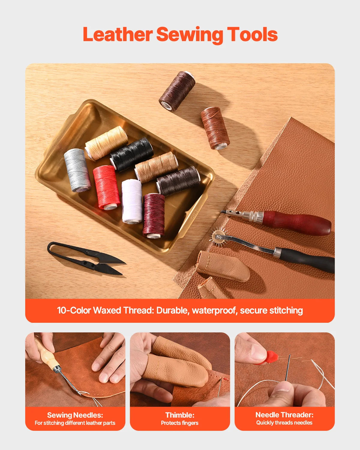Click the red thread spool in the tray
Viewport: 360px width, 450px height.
pyautogui.click(x=106, y=187)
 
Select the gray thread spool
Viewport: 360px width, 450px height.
pyautogui.click(x=77, y=170)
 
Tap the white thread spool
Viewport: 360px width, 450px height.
pyautogui.click(x=132, y=201)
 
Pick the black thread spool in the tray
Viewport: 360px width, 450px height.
pyautogui.click(x=132, y=154)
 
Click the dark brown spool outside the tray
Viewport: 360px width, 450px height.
pyautogui.click(x=177, y=91)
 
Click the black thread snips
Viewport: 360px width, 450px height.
pyautogui.click(x=87, y=258)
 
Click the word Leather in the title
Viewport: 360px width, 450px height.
pyautogui.click(x=117, y=34)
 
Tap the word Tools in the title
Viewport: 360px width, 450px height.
pyautogui.click(x=252, y=34)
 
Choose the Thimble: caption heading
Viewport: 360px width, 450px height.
pyautogui.click(x=180, y=415)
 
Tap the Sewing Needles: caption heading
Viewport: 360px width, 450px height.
pyautogui.click(x=75, y=415)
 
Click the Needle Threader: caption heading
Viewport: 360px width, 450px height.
pyautogui.click(x=284, y=415)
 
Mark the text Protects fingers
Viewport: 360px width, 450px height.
pyautogui.click(x=180, y=423)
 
